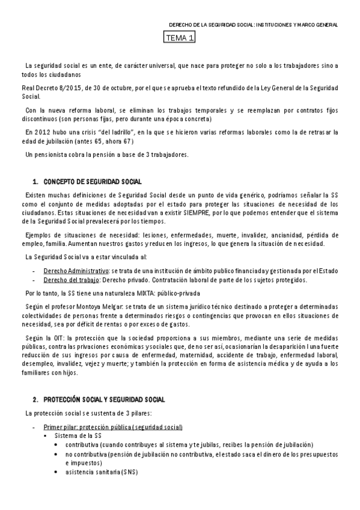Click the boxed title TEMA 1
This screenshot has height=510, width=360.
point(180,38)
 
